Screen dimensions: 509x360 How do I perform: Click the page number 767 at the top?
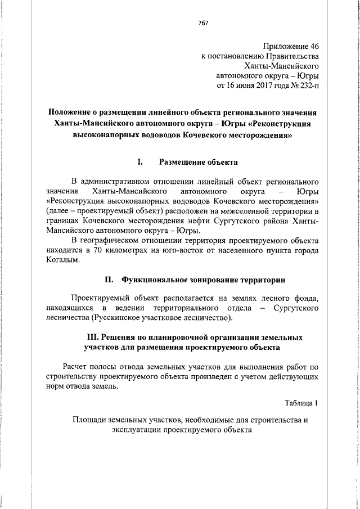[204, 23]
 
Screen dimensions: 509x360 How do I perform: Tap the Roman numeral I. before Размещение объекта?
[141, 162]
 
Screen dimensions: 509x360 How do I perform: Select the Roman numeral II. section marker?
[110, 279]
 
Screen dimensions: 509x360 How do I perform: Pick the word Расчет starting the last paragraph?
[78, 367]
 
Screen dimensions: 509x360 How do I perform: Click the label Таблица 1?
[301, 403]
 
